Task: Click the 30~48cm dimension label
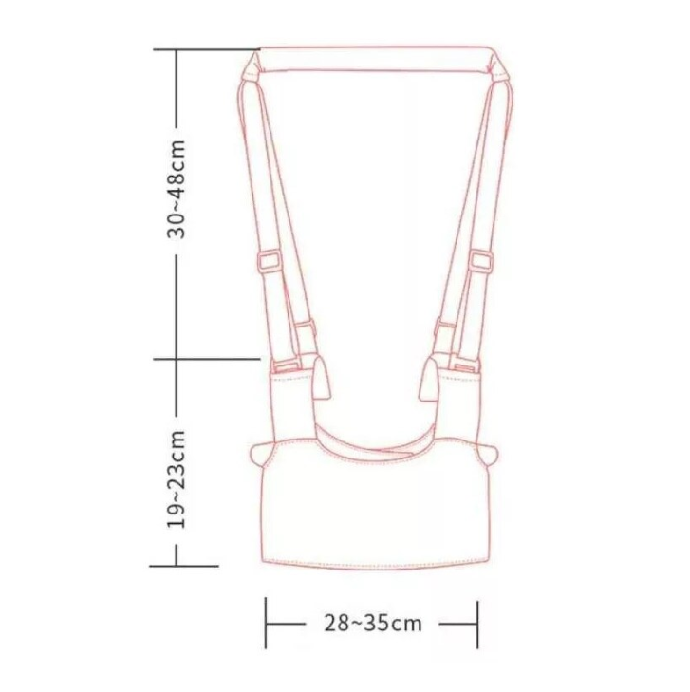(177, 189)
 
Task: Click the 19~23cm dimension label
(177, 478)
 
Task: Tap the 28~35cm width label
(373, 624)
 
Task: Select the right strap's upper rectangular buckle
(481, 261)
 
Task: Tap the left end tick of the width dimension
(266, 623)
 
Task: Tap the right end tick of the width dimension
(477, 624)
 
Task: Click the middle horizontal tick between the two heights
(207, 359)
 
